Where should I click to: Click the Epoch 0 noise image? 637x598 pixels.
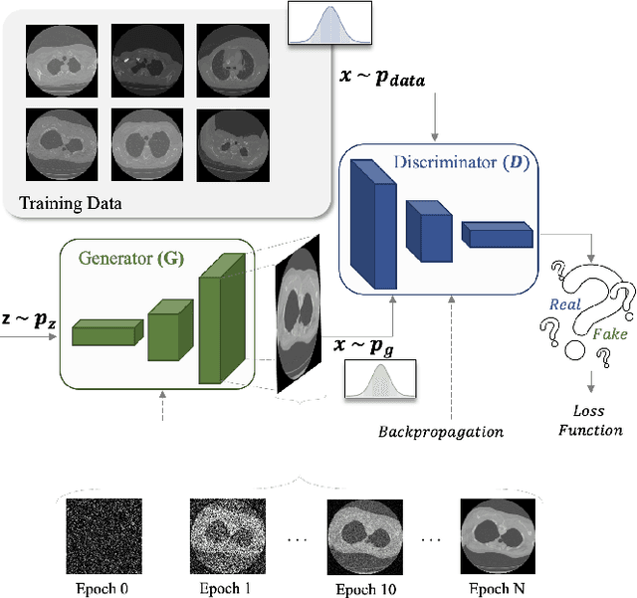click(x=98, y=534)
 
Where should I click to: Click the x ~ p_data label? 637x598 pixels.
click(x=384, y=79)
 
